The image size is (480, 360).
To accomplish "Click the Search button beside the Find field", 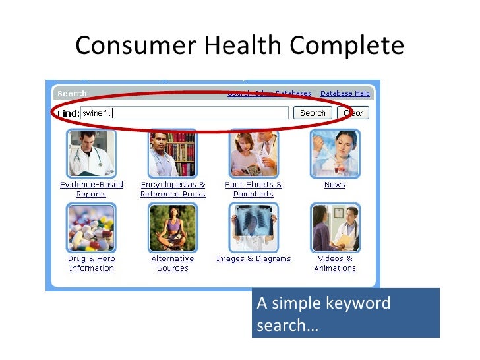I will (313, 113).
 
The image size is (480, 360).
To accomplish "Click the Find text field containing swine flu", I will (184, 113).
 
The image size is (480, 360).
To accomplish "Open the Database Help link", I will (345, 94).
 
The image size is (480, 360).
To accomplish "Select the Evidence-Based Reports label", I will (91, 189).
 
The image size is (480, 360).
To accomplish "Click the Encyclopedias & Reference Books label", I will (173, 189).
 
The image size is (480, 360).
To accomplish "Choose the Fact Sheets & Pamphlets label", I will (253, 189).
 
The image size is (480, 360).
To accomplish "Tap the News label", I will (334, 185).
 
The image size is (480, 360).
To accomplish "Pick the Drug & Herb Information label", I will (91, 264).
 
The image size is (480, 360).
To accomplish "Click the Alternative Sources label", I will (173, 264).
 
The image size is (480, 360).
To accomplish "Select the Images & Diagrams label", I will (253, 259).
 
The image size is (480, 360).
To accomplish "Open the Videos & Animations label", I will (334, 264).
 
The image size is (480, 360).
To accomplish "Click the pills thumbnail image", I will (91, 228).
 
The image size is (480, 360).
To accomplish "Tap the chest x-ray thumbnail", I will (253, 228).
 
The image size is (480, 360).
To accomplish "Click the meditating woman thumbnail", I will (173, 228).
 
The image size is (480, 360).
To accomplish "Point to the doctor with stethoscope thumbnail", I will (91, 154).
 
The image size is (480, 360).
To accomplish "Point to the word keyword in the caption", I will (358, 303).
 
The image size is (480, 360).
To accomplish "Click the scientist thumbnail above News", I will (334, 154).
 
